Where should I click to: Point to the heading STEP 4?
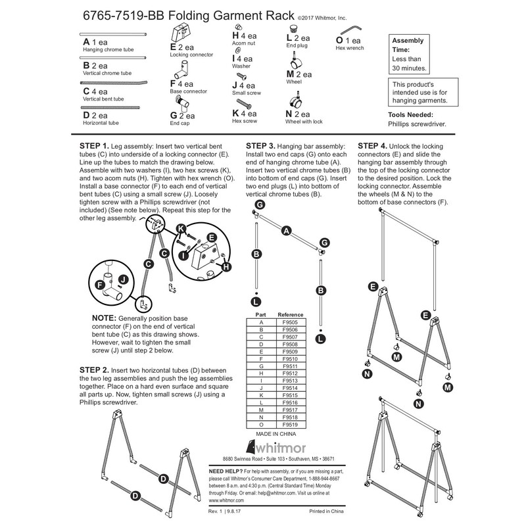pos(371,145)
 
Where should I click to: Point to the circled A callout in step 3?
pos(285,230)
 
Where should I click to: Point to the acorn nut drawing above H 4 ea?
pos(239,27)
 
